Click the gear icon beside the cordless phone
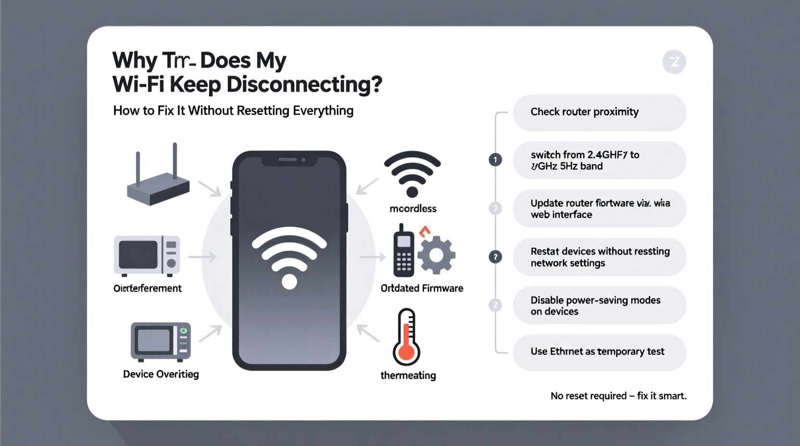pyautogui.click(x=436, y=255)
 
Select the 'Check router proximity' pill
pyautogui.click(x=599, y=112)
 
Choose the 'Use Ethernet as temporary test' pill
pyautogui.click(x=599, y=352)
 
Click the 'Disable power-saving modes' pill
pyautogui.click(x=599, y=306)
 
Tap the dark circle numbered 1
pyautogui.click(x=495, y=160)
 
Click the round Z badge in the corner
pyautogui.click(x=674, y=62)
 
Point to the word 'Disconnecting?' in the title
pyautogui.click(x=304, y=85)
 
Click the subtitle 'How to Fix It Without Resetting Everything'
pyautogui.click(x=233, y=111)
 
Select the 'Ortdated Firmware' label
pyautogui.click(x=422, y=288)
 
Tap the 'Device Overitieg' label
pyautogui.click(x=161, y=374)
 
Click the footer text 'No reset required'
pyautogui.click(x=588, y=396)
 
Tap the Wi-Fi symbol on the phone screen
pyautogui.click(x=289, y=257)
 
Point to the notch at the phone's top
pyautogui.click(x=289, y=160)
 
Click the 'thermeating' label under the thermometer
pyautogui.click(x=408, y=375)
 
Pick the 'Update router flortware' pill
pyautogui.click(x=599, y=209)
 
